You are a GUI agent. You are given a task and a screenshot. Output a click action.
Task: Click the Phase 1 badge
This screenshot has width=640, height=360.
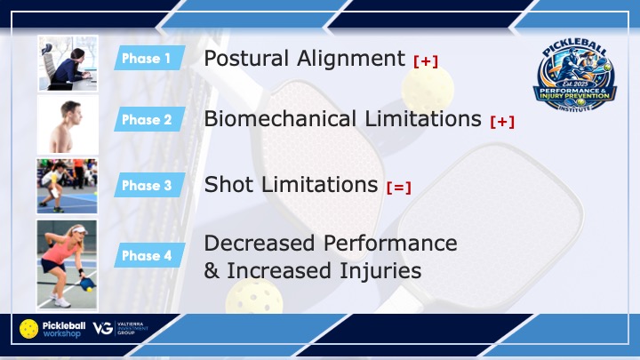[149, 58]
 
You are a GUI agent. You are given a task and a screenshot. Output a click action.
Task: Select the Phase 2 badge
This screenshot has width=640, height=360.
[149, 119]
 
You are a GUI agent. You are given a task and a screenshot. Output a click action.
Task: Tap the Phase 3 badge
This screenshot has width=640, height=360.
[149, 185]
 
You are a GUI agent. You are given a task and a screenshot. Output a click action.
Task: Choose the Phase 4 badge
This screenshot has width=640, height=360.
[149, 255]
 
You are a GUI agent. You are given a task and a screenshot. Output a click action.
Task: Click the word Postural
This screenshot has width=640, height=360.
[246, 58]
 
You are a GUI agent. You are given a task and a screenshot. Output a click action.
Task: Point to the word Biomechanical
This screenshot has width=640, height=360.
[280, 119]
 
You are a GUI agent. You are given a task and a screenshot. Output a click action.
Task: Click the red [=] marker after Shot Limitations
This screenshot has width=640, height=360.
[399, 188]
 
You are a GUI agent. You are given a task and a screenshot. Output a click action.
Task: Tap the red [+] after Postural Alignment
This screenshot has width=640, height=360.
[426, 61]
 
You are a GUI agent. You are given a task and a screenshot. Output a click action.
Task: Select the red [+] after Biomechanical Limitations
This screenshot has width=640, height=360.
[502, 122]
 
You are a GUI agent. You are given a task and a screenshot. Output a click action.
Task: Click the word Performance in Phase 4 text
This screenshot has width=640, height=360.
[390, 244]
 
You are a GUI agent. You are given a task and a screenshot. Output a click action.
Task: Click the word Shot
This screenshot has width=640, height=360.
[228, 185]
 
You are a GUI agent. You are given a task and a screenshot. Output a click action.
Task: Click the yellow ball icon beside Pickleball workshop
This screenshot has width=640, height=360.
[29, 329]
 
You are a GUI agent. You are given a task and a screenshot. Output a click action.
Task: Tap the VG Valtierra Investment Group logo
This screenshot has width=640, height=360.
[120, 328]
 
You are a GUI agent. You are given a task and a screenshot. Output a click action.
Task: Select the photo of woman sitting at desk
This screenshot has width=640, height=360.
[68, 63]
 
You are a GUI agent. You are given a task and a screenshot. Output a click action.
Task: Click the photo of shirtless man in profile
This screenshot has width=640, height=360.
[68, 125]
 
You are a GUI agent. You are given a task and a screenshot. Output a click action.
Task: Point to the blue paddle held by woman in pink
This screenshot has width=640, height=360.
[87, 284]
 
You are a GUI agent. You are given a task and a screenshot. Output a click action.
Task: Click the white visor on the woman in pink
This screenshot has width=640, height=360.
[79, 230]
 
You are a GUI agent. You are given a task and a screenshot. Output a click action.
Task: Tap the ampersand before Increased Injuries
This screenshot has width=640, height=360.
[212, 271]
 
